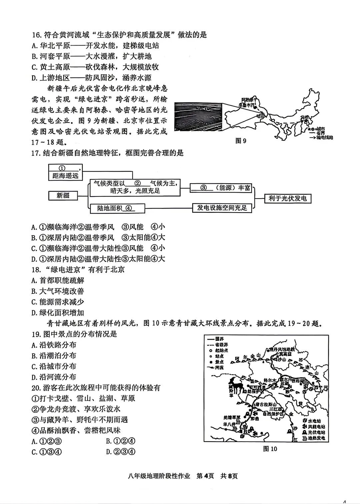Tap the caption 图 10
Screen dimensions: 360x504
270,448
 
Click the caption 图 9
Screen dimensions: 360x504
241,141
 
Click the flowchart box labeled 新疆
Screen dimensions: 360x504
63,196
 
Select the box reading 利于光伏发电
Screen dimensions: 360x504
287,199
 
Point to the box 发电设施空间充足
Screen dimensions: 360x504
222,208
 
